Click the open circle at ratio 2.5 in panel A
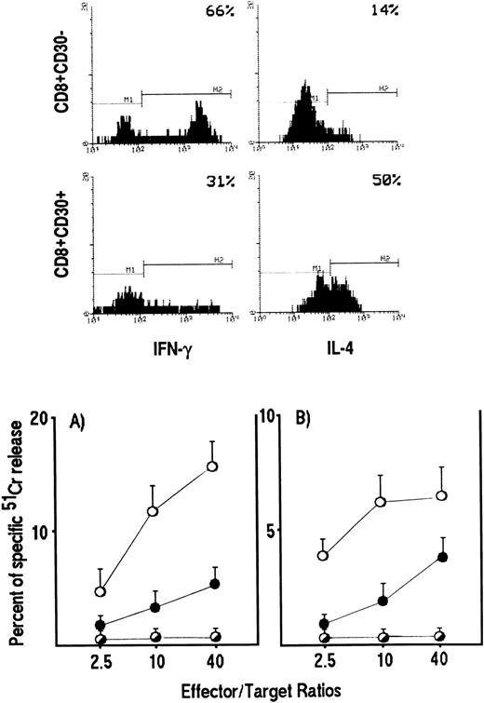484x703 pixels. coord(100,591)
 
